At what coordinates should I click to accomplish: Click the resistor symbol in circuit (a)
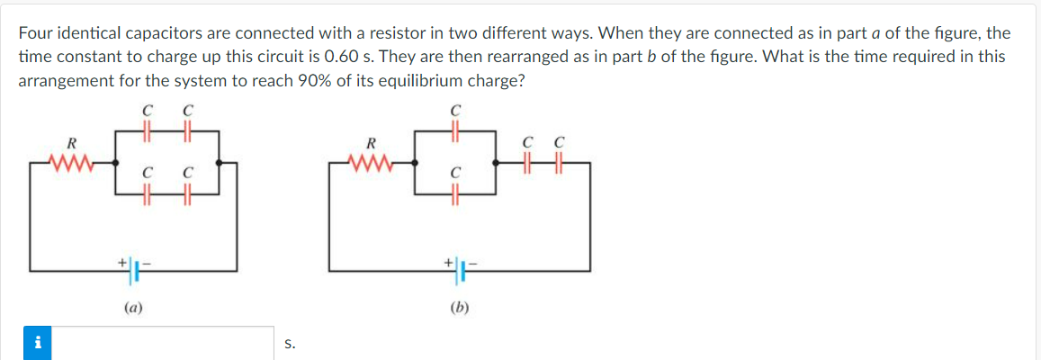pyautogui.click(x=70, y=163)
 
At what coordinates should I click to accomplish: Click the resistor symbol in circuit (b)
pyautogui.click(x=370, y=163)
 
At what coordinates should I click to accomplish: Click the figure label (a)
pyautogui.click(x=132, y=307)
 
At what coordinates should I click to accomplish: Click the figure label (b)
pyautogui.click(x=460, y=307)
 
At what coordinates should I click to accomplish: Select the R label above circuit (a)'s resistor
pyautogui.click(x=71, y=142)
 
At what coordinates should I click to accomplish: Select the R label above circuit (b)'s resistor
pyautogui.click(x=370, y=142)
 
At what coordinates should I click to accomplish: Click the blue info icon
pyautogui.click(x=37, y=343)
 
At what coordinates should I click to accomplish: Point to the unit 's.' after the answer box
pyautogui.click(x=289, y=344)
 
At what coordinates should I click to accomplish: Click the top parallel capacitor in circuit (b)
pyautogui.click(x=456, y=131)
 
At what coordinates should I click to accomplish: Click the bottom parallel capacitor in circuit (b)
pyautogui.click(x=456, y=193)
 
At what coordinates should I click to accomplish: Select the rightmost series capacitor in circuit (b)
pyautogui.click(x=560, y=163)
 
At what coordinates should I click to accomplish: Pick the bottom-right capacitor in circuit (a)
pyautogui.click(x=188, y=193)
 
